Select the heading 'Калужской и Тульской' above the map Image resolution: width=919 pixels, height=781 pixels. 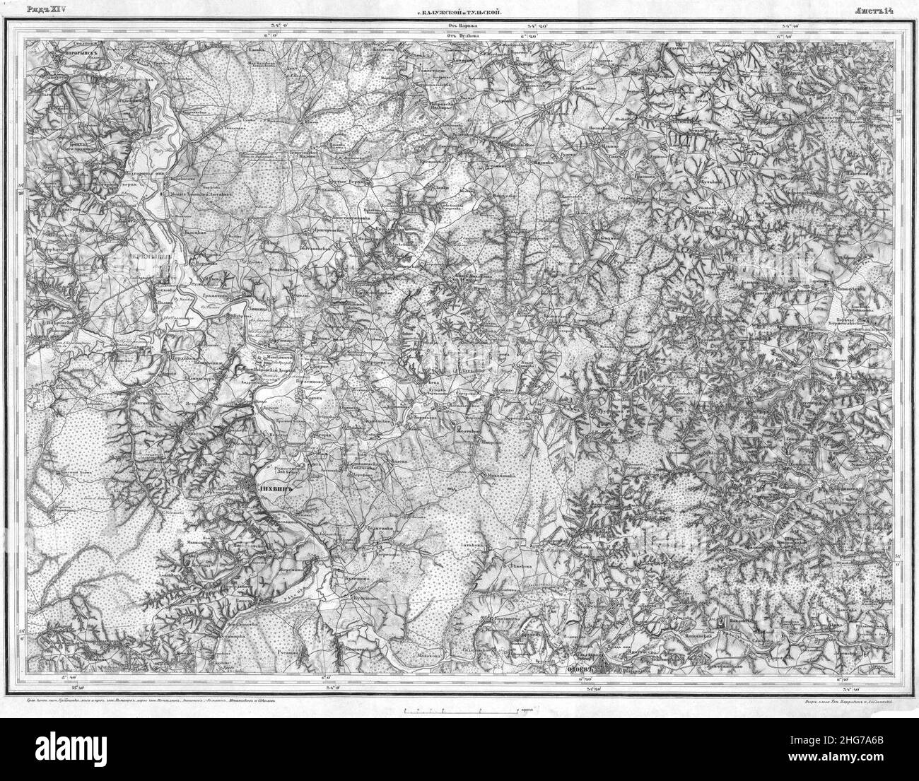[463, 12]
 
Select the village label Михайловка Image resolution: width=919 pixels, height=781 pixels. [501, 475]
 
